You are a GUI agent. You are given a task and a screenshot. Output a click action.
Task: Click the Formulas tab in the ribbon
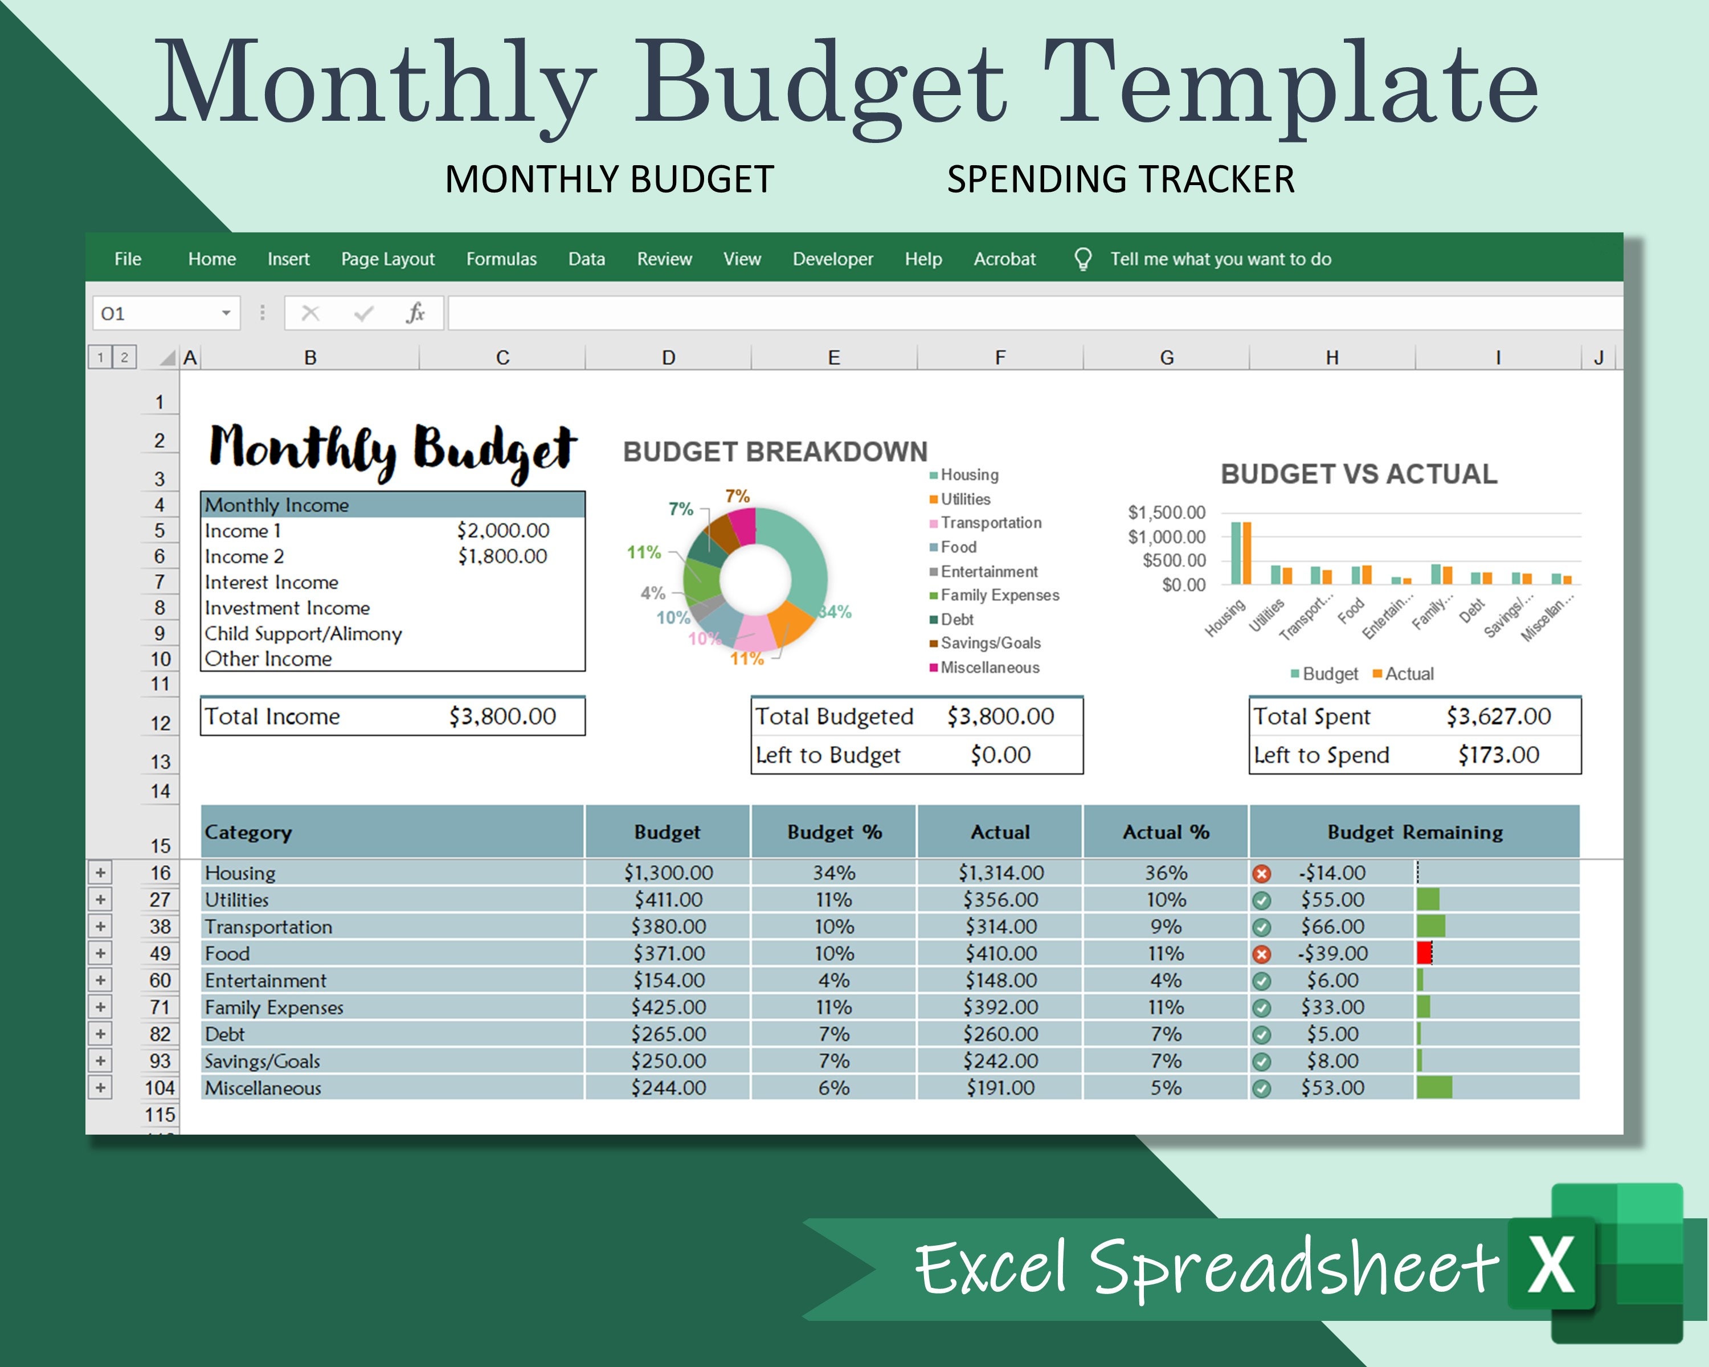coord(501,259)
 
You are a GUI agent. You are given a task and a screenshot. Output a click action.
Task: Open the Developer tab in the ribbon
coord(832,259)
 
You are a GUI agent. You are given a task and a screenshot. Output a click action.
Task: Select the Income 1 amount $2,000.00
coord(502,530)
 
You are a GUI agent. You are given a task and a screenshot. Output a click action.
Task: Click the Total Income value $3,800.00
coord(502,717)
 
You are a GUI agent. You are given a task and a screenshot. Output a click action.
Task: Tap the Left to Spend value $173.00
coord(1498,755)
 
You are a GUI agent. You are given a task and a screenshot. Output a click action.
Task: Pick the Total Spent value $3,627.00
coord(1498,717)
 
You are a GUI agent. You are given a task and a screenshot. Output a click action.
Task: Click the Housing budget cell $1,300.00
coord(668,873)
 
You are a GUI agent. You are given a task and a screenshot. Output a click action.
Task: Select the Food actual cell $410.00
coord(1000,953)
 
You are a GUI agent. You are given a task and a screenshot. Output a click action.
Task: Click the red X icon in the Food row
coord(1262,954)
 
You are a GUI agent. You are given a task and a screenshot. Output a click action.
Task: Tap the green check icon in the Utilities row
coord(1262,901)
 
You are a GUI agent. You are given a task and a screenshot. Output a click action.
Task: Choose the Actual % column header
coord(1165,832)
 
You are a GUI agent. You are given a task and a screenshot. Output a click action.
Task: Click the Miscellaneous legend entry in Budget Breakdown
coord(990,667)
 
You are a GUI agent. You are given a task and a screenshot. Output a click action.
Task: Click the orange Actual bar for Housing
coord(1247,553)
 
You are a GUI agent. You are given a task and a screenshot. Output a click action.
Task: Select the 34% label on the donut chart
coord(835,612)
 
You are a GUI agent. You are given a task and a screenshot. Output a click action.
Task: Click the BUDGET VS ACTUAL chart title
coord(1359,474)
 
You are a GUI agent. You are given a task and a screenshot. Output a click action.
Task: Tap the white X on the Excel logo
coord(1551,1265)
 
